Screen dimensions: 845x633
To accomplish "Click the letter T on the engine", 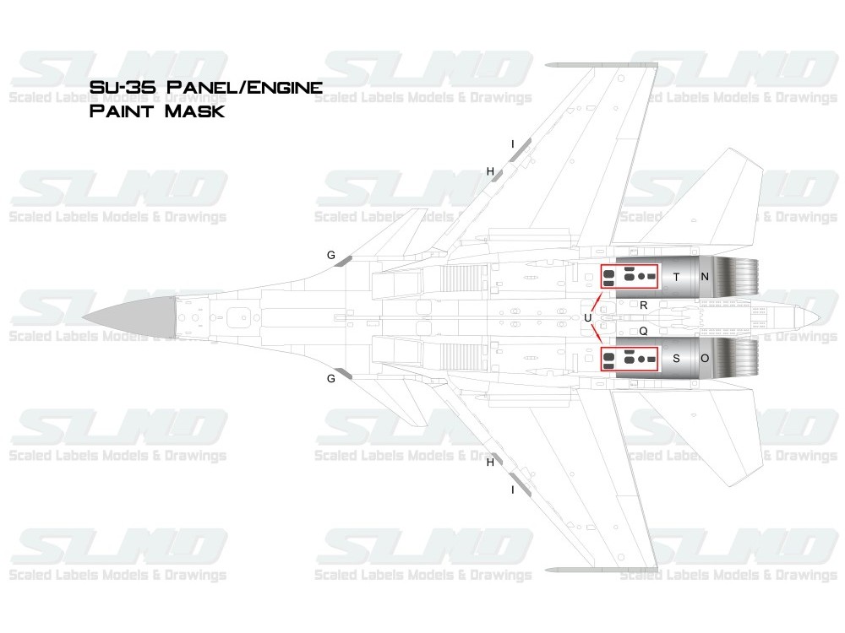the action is click(676, 277).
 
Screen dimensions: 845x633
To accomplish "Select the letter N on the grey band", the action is click(705, 277).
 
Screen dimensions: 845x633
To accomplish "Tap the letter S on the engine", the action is click(676, 359).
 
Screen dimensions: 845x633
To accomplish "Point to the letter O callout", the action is click(705, 359).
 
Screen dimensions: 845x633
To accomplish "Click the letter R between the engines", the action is click(643, 306).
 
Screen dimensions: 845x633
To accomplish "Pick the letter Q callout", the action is click(643, 331).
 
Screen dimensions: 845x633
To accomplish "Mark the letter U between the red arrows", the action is click(588, 317).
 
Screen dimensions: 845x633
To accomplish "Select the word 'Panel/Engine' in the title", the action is click(244, 87).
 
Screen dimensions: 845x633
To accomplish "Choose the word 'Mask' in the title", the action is click(194, 111).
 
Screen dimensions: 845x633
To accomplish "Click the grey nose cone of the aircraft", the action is click(129, 317).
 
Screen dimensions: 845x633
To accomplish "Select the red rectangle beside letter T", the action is click(630, 265).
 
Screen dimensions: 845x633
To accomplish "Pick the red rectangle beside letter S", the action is click(630, 348).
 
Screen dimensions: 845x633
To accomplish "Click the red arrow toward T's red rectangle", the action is click(597, 301).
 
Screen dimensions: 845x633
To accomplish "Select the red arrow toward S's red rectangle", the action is click(597, 333).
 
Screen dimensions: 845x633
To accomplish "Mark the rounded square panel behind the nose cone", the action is click(239, 317).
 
